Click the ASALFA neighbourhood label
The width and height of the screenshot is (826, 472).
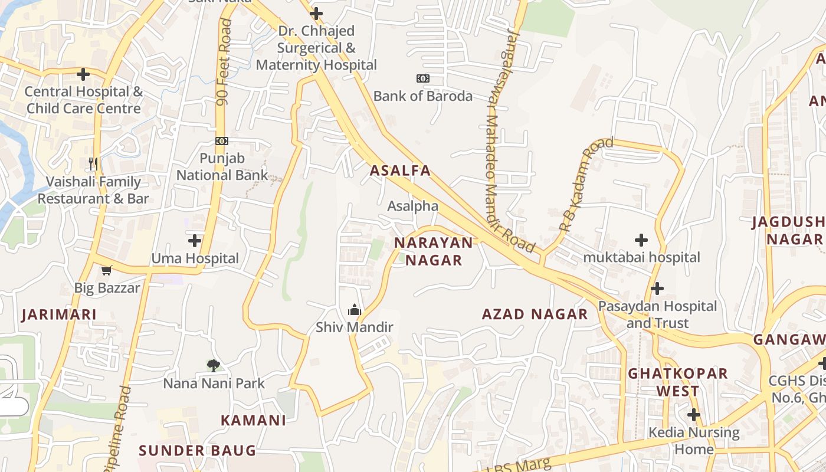400,171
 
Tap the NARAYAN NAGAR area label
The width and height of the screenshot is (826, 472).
434,251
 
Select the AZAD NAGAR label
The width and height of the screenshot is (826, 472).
535,314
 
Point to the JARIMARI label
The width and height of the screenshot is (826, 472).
59,314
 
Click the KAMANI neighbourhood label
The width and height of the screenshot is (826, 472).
253,420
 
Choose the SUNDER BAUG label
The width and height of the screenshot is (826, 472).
197,451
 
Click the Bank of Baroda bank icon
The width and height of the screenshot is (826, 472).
422,78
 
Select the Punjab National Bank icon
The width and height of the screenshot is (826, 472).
222,141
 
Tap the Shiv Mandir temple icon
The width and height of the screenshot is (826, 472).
354,309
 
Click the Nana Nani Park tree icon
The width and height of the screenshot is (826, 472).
214,365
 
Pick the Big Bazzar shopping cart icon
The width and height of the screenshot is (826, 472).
106,271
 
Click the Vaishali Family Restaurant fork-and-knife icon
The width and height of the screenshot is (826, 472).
93,163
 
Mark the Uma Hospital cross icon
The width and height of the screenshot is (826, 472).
195,241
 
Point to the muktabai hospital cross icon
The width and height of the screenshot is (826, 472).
641,240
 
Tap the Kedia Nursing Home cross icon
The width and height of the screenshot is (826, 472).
694,415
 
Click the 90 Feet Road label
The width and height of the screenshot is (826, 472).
224,62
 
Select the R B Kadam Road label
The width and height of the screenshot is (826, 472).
586,184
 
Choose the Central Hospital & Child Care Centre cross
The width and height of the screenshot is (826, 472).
83,74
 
